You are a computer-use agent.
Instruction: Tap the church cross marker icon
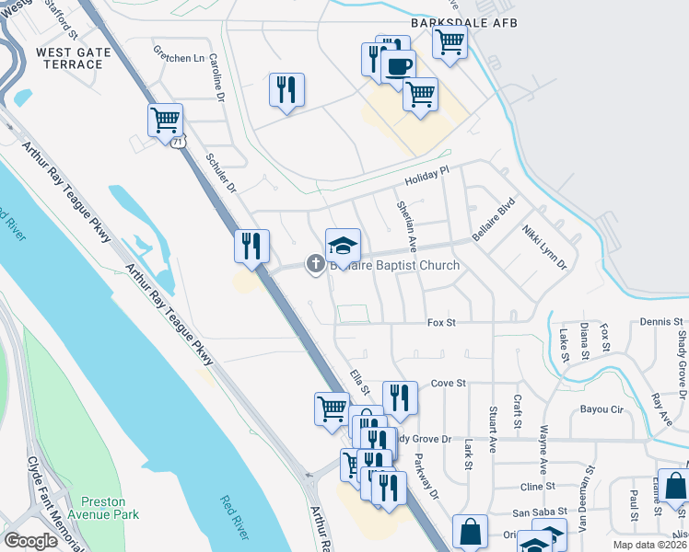[315, 265]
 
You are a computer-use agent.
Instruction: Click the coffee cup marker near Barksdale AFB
[398, 67]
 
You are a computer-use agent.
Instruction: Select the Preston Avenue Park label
[110, 508]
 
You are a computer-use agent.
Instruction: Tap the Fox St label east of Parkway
[442, 323]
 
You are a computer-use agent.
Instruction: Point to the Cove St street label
[450, 383]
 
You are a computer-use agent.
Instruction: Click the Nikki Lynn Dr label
[543, 246]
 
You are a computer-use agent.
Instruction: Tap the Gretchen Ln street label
[179, 58]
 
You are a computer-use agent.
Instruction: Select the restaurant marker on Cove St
[400, 397]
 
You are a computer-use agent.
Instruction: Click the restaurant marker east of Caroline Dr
[287, 90]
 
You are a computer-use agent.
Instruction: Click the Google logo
[31, 540]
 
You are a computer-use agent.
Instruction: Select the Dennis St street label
[662, 322]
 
